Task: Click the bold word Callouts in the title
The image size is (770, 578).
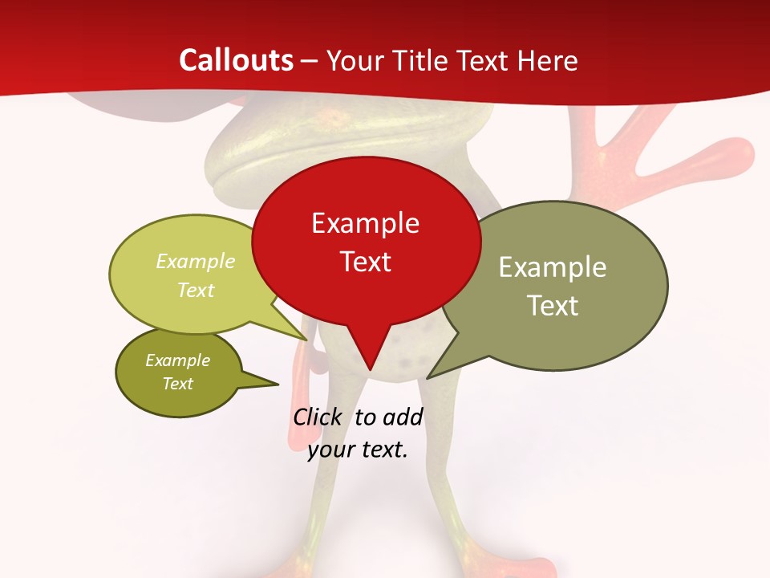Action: coord(236,60)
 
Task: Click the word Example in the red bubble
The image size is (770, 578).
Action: coord(365,223)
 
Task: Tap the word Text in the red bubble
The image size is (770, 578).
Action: coord(366,262)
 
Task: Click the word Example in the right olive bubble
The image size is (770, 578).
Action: coord(553,267)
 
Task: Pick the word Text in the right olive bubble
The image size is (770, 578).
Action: coord(553,306)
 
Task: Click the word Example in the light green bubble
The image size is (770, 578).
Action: coord(196,261)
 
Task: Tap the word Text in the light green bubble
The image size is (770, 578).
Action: coord(196,290)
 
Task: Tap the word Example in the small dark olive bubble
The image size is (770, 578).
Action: coord(178,360)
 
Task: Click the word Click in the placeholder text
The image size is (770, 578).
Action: coord(318,417)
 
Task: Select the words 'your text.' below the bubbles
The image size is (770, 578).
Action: coord(358,450)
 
